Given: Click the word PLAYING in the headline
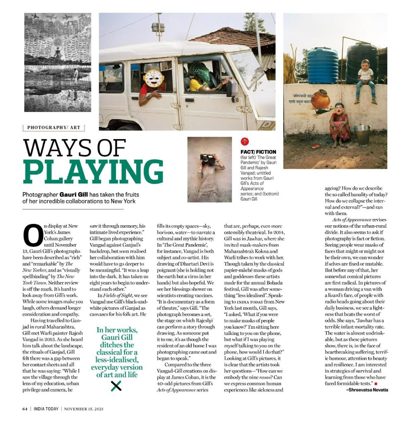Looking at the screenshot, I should pos(93,171).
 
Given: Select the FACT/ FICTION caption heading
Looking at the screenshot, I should pos(258,152).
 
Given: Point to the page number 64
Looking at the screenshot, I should pos(25,409).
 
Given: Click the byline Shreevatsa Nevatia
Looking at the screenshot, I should pos(367,390).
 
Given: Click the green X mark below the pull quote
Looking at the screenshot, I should pos(116,386).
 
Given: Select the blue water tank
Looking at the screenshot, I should pos(323,65).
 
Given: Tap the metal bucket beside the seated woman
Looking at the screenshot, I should pos(362,136).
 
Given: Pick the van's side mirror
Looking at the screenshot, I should pos(232,87).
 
